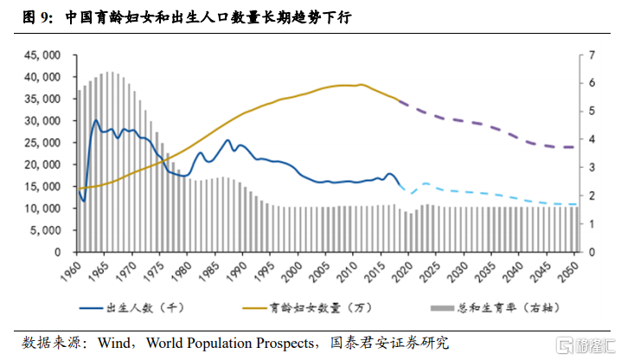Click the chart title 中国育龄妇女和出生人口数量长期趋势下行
click(216, 17)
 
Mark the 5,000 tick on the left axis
click(43, 230)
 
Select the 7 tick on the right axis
click(592, 55)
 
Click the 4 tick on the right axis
click(592, 139)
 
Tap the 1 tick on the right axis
click(592, 224)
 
